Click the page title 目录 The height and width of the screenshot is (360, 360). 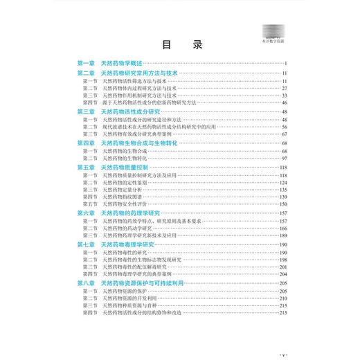tap(181, 46)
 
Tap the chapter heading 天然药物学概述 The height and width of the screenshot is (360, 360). tap(125, 64)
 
